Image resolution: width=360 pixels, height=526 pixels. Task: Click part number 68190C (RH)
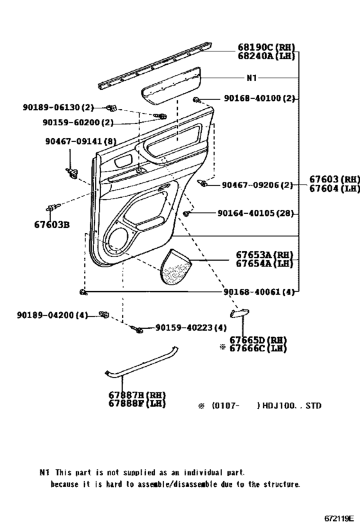pyautogui.click(x=265, y=48)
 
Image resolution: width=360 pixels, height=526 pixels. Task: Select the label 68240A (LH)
pyautogui.click(x=265, y=56)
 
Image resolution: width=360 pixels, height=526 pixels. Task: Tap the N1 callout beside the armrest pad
pyautogui.click(x=251, y=78)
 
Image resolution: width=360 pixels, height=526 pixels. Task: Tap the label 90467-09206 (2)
pyautogui.click(x=257, y=185)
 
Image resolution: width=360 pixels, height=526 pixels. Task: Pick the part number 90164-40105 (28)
pyautogui.click(x=260, y=213)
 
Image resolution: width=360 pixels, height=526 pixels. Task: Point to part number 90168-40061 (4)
pyautogui.click(x=258, y=292)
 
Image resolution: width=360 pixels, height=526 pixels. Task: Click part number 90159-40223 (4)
pyautogui.click(x=190, y=328)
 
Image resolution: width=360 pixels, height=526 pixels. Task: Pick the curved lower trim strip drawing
pyautogui.click(x=141, y=364)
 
